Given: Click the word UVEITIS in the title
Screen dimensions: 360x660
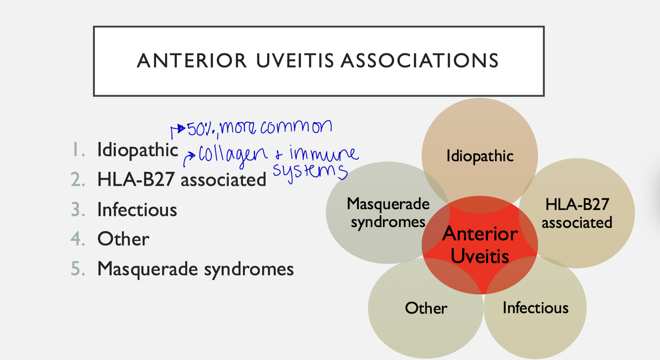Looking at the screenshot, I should click(295, 61).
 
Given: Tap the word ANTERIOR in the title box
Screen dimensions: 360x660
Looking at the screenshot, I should click(191, 61).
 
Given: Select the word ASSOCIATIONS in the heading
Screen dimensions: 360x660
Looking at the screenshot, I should click(420, 61).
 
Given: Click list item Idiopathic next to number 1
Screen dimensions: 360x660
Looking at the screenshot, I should click(137, 150).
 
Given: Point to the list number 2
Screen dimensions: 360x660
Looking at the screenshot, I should click(78, 180).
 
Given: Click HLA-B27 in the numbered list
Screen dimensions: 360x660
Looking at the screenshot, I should click(136, 180).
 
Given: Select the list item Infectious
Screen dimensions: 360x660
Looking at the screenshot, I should click(137, 210).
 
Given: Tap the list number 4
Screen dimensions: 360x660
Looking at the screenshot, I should click(78, 239).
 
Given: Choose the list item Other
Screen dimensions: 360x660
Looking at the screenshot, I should click(123, 239).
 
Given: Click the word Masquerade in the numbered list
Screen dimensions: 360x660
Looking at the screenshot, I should click(147, 269).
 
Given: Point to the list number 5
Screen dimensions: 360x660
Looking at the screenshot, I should click(78, 269).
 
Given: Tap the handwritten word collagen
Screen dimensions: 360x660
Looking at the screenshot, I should click(233, 155).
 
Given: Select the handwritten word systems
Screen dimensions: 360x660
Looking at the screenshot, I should click(310, 171).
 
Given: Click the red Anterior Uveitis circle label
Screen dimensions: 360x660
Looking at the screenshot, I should click(480, 245).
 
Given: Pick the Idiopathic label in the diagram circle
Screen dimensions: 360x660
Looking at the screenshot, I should click(480, 156).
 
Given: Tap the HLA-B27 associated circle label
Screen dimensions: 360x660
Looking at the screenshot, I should click(577, 213).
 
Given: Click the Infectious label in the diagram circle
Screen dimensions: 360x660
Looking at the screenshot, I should click(535, 308).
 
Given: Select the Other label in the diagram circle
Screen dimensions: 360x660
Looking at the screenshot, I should click(426, 308).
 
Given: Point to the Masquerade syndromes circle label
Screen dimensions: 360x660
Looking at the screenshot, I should click(388, 213).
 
